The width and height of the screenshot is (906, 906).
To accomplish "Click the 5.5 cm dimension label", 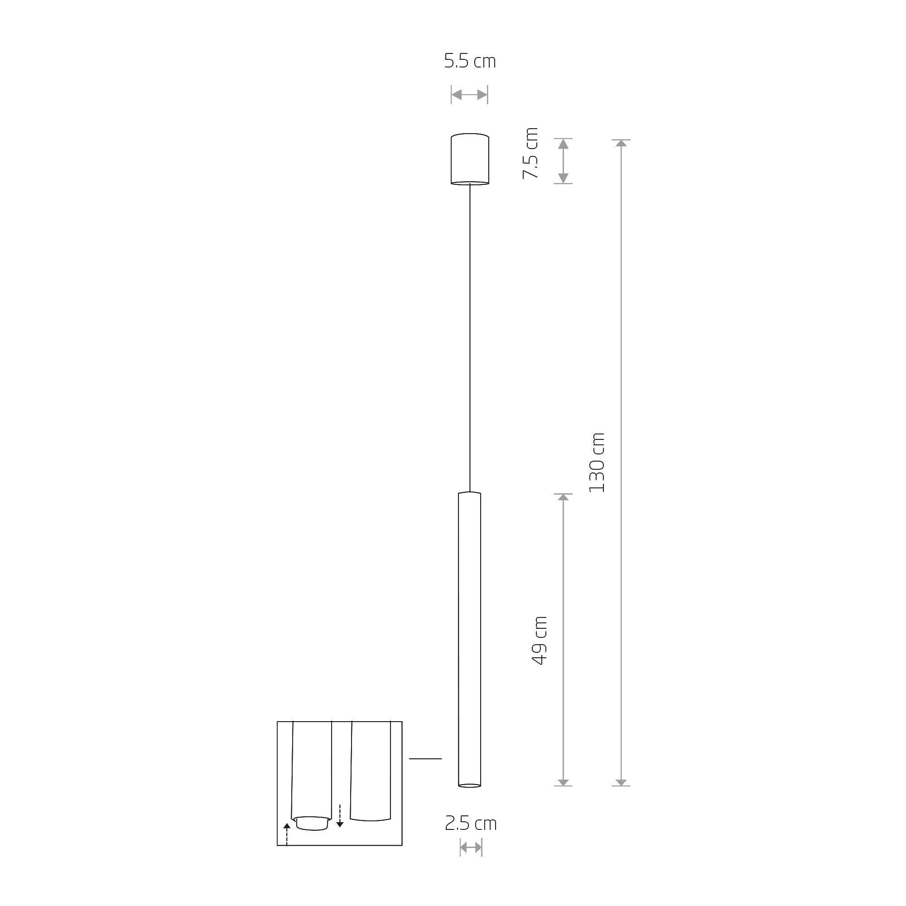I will point(469,62).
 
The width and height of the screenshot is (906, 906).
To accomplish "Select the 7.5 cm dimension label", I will point(531,153).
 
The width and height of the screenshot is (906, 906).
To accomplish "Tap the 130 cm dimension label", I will point(597,463).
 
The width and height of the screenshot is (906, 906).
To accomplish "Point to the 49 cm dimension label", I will point(540,641).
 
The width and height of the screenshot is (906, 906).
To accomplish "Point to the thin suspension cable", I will point(469,337).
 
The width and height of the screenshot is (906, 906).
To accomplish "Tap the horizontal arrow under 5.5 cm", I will point(469,95).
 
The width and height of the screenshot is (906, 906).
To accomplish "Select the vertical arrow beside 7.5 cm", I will point(563,161).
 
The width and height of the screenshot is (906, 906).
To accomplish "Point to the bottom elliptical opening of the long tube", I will point(469,785).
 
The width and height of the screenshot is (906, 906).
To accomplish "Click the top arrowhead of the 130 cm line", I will point(622,143).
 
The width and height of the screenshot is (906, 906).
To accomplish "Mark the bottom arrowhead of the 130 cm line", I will point(622,782).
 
